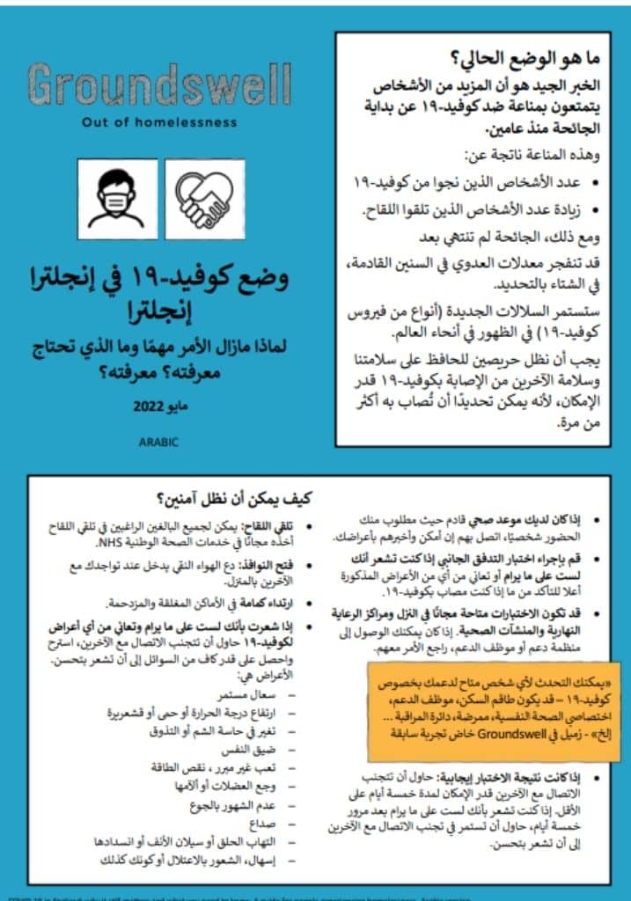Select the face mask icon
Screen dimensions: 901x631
click(117, 199)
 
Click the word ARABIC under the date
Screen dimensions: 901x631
click(158, 443)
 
